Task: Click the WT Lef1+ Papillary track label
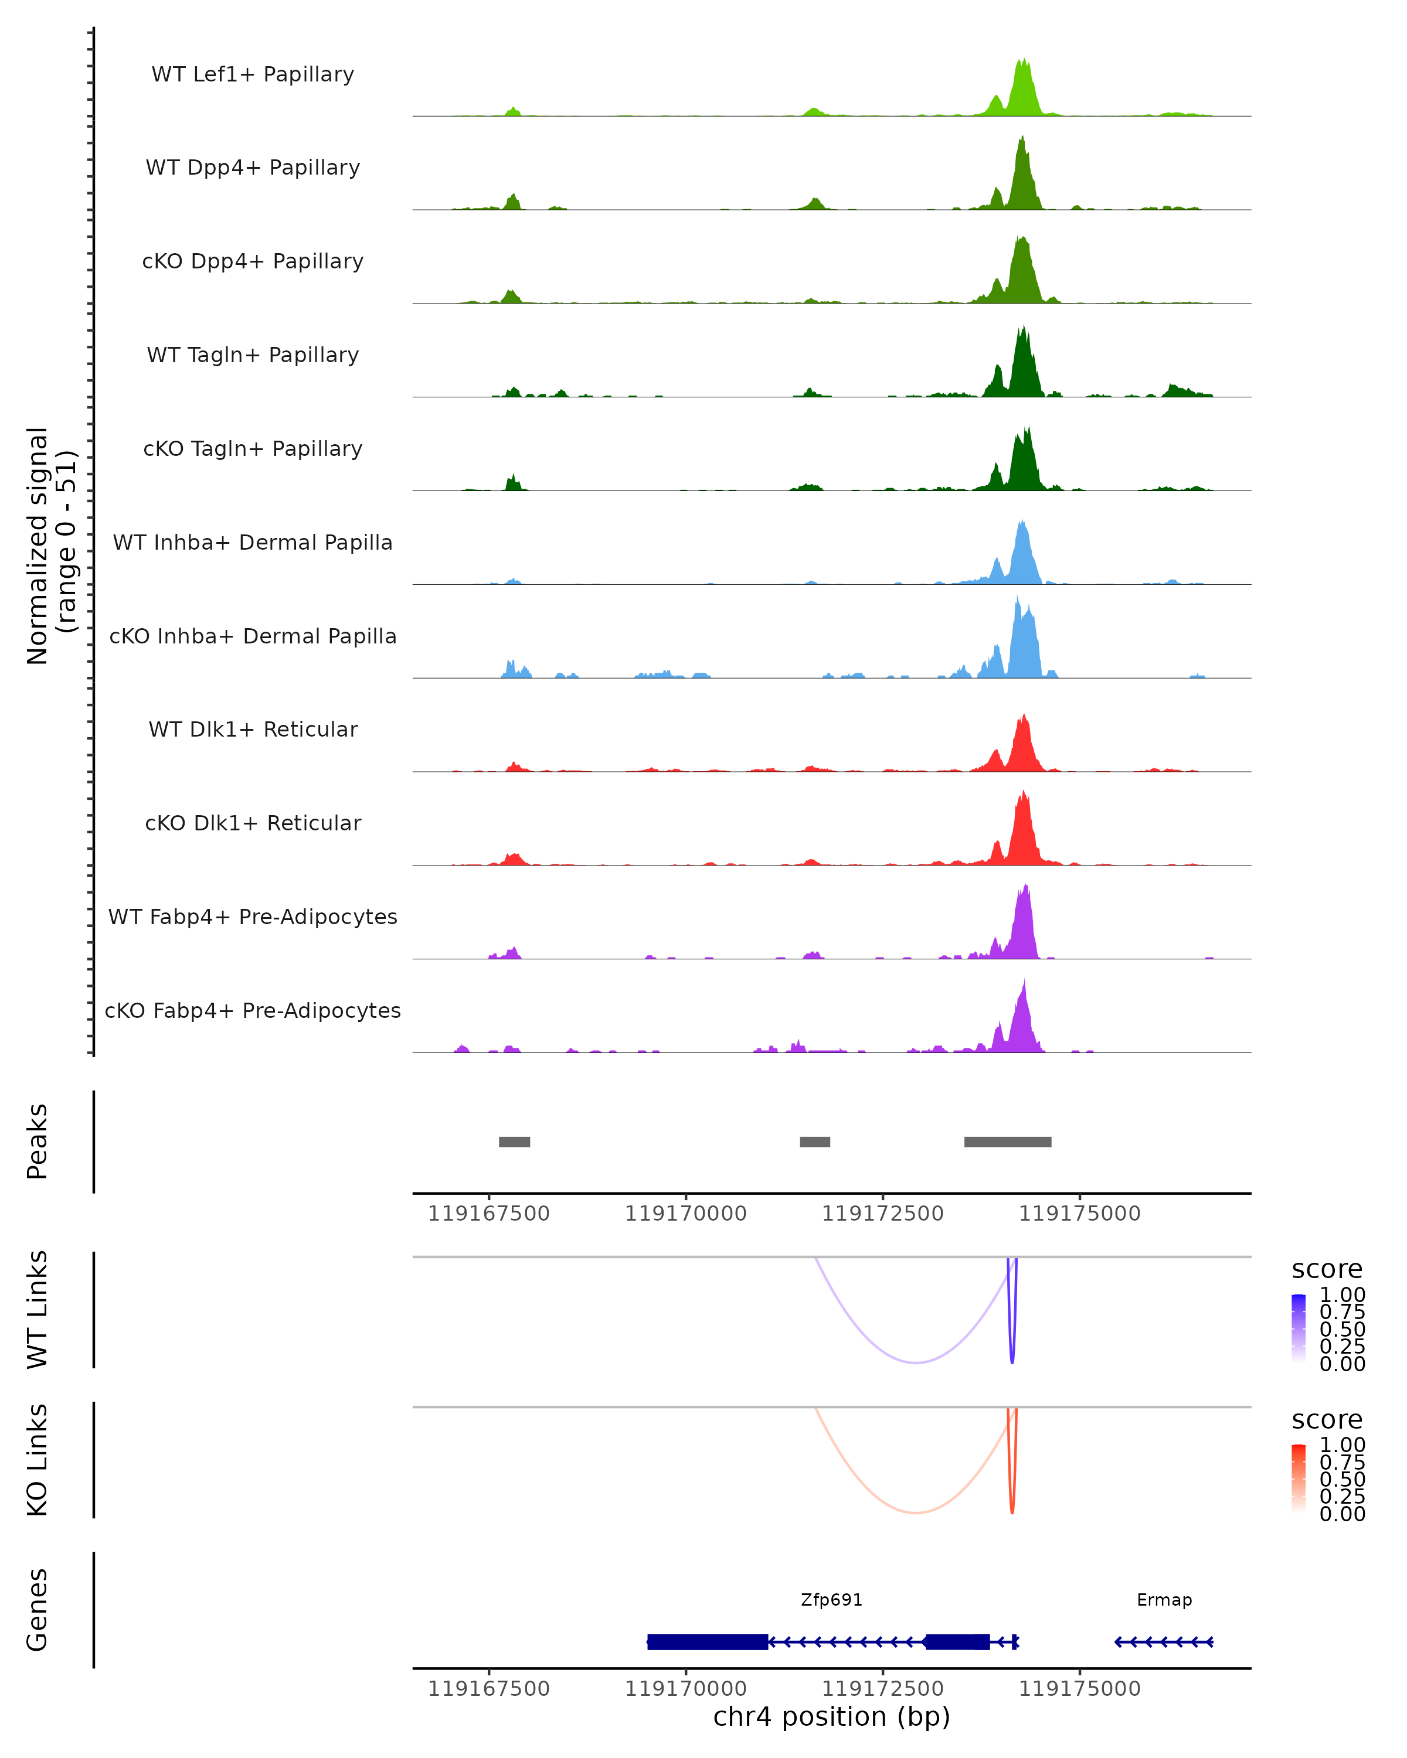pyautogui.click(x=253, y=74)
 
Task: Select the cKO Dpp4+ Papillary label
pyautogui.click(x=253, y=261)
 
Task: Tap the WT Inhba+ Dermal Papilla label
pyautogui.click(x=253, y=542)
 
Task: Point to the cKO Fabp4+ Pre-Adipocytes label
pyautogui.click(x=253, y=1010)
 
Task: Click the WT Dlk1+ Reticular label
pyautogui.click(x=253, y=729)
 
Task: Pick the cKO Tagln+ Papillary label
pyautogui.click(x=253, y=448)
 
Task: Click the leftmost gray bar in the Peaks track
pyautogui.click(x=515, y=1142)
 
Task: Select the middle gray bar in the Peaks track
pyautogui.click(x=815, y=1142)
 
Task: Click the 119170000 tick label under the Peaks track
pyautogui.click(x=686, y=1214)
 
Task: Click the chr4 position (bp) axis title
pyautogui.click(x=831, y=1717)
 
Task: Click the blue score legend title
pyautogui.click(x=1327, y=1269)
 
